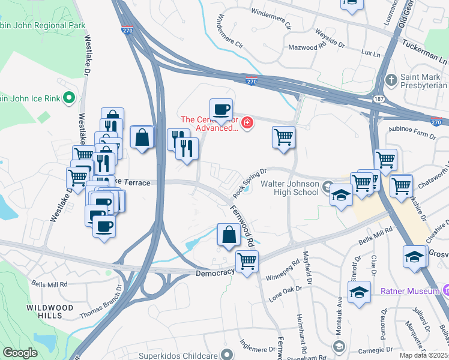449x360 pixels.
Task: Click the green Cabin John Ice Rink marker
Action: [x=69, y=97]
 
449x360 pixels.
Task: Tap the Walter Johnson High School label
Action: [x=291, y=188]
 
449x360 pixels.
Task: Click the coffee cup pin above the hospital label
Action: [x=221, y=109]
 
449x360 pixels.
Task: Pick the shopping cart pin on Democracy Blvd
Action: [x=246, y=262]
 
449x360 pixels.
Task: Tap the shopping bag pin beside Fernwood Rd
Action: [x=229, y=234]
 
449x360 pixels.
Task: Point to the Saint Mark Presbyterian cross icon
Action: [x=391, y=79]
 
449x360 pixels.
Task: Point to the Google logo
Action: [x=20, y=353]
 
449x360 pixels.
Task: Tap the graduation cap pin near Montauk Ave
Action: [x=359, y=293]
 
